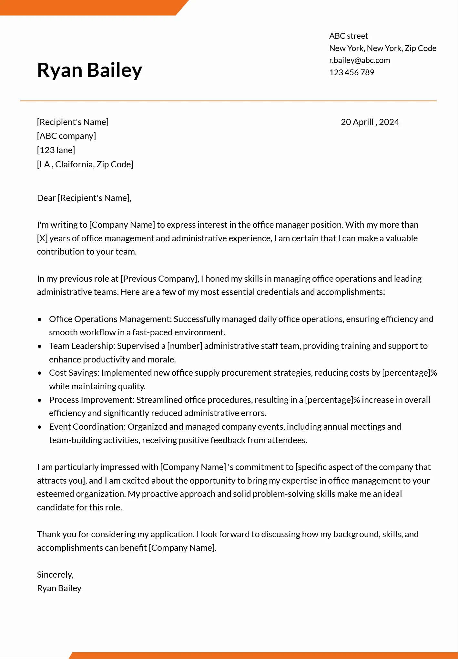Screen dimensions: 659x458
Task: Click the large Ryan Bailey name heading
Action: pos(89,70)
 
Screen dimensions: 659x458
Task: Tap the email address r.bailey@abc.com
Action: pos(359,60)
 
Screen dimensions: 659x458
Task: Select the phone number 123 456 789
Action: pos(351,72)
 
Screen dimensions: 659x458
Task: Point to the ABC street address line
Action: pos(348,36)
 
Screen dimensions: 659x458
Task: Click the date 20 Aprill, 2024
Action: pos(370,122)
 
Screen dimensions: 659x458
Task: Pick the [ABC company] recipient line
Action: pos(66,136)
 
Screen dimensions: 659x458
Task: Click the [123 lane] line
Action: pos(56,150)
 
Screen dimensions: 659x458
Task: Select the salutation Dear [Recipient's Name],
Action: pos(84,198)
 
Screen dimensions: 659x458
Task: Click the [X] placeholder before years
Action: pos(42,238)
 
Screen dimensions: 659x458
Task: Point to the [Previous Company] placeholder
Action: pos(159,279)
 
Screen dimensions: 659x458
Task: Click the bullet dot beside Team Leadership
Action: pos(40,346)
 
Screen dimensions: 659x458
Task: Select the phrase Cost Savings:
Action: pos(74,373)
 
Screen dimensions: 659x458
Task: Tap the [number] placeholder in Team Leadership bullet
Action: pos(185,346)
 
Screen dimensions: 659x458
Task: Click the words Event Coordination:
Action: pos(87,427)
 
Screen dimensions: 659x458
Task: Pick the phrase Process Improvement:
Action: pos(92,400)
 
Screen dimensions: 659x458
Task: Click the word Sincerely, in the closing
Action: pos(55,575)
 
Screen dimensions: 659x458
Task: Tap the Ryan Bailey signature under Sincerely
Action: pos(59,588)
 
